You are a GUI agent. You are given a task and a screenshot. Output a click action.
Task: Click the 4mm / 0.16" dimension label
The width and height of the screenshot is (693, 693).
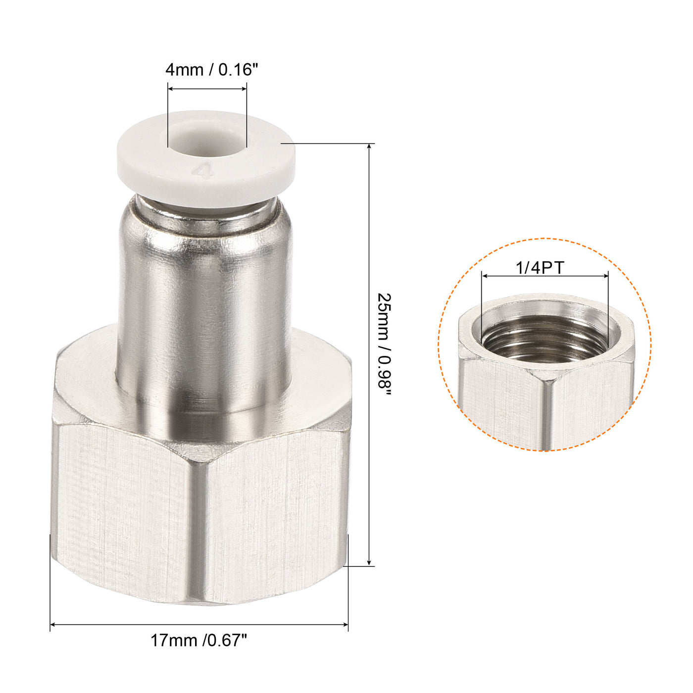(212, 70)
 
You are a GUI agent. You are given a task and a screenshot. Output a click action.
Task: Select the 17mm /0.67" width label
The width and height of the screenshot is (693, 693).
(198, 641)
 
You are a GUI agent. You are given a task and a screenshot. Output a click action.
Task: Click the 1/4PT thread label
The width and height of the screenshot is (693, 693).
(540, 268)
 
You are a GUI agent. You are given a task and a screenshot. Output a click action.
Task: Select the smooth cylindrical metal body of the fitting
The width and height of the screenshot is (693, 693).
(204, 297)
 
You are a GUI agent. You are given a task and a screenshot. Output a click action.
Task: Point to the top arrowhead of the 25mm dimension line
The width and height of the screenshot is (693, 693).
(369, 147)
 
